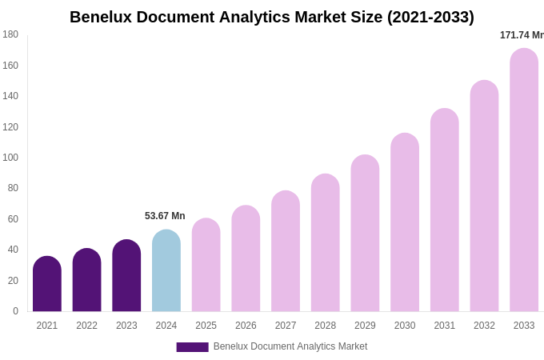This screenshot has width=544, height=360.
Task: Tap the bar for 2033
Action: point(524,180)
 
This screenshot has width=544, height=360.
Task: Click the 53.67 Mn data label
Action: point(165,216)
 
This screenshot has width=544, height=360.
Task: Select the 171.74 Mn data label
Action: point(522,35)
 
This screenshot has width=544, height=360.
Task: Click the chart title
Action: point(272,17)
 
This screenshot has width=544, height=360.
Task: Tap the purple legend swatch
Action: point(192,346)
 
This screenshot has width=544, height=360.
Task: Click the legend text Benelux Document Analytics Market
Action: point(290,346)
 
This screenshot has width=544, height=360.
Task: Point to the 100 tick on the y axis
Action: point(10,158)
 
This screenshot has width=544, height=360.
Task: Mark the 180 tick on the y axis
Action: point(10,34)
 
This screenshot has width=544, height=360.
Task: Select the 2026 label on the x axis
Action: point(246,326)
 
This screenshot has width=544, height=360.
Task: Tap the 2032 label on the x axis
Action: point(484,326)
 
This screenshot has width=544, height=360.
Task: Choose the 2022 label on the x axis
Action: point(86,326)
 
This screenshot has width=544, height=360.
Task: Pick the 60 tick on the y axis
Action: point(13,219)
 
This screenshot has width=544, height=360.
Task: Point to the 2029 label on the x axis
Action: point(365,326)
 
